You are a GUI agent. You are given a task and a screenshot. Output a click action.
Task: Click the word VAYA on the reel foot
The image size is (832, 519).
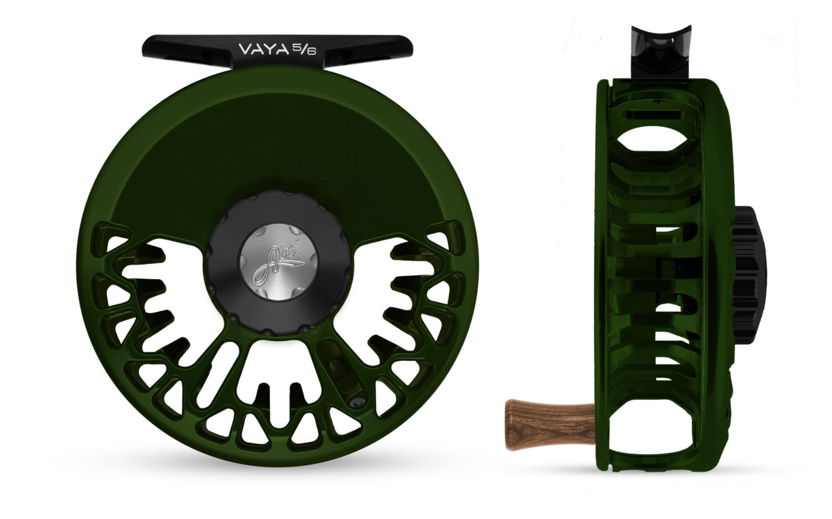point(263,49)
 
